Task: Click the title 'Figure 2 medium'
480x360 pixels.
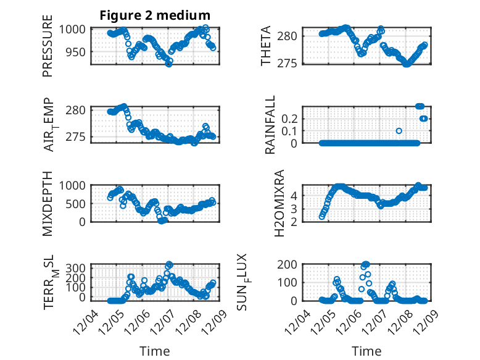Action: click(x=155, y=15)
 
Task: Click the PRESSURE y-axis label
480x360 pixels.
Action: click(x=48, y=47)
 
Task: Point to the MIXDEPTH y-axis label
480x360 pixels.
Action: click(x=48, y=203)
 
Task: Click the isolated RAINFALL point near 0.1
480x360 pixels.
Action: click(x=399, y=131)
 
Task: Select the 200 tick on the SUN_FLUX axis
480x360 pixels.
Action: click(x=291, y=264)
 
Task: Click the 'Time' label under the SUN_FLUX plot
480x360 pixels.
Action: click(x=366, y=351)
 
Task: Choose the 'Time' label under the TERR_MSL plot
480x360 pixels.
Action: click(x=155, y=351)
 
